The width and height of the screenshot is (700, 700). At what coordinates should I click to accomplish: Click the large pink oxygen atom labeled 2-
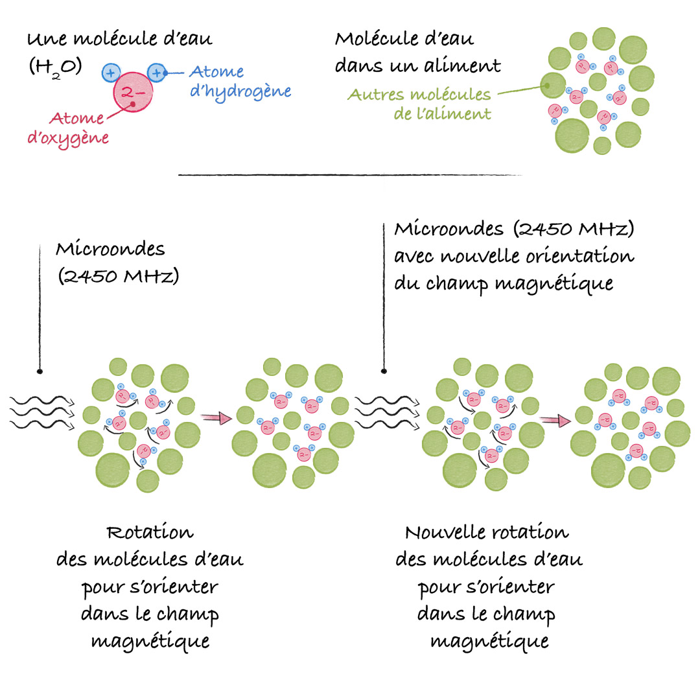coord(133,92)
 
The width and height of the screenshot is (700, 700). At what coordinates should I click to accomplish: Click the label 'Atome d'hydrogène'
coord(240,81)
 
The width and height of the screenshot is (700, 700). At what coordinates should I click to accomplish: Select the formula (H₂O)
coord(55,68)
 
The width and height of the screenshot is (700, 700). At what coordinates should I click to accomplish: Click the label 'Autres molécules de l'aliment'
coord(419,104)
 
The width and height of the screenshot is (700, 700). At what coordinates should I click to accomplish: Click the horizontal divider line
coord(350,175)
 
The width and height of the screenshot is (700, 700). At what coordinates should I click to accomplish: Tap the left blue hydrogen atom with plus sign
coord(111,73)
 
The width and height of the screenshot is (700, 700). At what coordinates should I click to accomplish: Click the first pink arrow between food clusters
coord(216,418)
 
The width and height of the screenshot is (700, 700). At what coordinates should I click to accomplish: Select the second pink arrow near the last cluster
coord(555,421)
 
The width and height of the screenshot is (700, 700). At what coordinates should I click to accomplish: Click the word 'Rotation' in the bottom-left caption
coord(150,532)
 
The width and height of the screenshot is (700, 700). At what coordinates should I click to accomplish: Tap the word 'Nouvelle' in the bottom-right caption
coord(445,532)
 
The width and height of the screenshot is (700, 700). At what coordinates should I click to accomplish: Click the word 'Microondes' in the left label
coord(110,249)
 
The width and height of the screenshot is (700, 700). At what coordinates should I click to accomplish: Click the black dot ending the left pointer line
coord(40,371)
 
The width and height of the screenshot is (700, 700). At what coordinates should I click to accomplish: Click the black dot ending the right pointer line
coord(384,371)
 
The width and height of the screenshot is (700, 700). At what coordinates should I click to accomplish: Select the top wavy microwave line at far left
coord(42,401)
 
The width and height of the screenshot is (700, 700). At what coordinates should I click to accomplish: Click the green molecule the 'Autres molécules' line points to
coord(553,86)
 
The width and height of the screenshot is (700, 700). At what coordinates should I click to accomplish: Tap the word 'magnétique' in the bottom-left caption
coord(150,642)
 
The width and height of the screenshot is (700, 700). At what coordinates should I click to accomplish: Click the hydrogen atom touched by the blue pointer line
coord(157,73)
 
